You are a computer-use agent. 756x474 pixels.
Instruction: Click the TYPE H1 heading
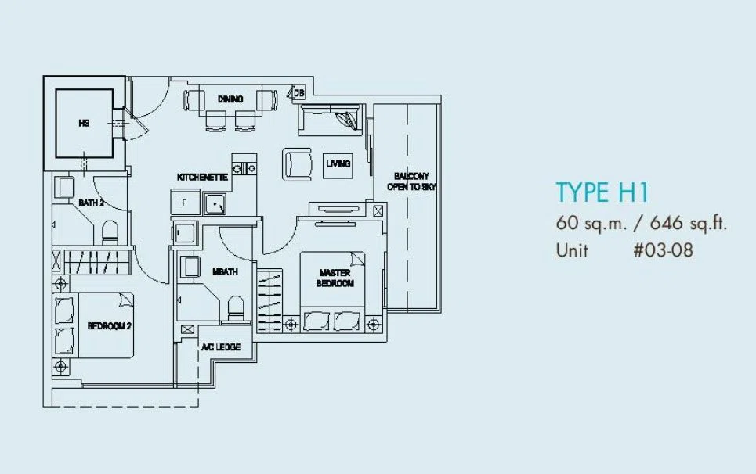coord(602,192)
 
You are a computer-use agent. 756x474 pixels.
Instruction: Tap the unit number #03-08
coord(664,250)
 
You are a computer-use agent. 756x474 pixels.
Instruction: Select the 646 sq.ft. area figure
coord(688,223)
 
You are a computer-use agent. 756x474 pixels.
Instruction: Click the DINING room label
coord(230,99)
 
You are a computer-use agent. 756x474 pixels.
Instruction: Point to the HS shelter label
coord(84,123)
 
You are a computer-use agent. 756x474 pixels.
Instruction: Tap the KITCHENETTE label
coord(202,177)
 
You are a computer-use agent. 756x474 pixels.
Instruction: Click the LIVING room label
coord(338,163)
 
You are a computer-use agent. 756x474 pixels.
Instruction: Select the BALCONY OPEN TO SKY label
coord(412,181)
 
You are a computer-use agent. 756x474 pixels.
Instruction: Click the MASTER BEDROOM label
coord(335,278)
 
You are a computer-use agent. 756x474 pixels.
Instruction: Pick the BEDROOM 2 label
coord(110,326)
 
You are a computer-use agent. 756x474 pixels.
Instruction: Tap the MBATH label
coord(225,272)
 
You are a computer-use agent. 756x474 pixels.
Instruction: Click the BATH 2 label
coord(91,203)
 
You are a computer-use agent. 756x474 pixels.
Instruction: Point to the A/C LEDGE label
coord(221,347)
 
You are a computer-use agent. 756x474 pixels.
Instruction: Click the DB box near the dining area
coord(298,93)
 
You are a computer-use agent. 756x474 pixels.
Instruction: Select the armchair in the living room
coord(298,164)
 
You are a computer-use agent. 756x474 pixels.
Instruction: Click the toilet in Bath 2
coord(110,232)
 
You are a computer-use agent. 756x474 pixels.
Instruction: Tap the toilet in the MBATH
coord(236,307)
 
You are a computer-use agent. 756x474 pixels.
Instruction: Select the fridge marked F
coord(185,202)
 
